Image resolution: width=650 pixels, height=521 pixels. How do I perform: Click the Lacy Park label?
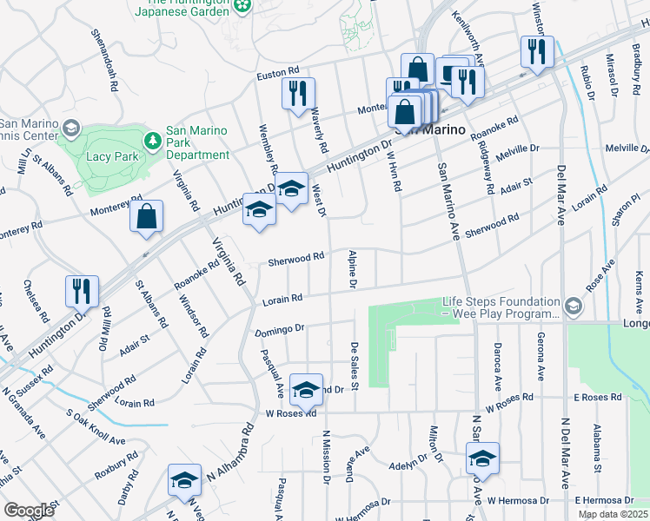[113, 157]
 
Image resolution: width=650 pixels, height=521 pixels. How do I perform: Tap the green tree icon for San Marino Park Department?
[153, 140]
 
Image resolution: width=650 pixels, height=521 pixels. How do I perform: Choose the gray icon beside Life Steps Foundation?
[573, 307]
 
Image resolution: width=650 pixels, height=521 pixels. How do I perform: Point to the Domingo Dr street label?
[279, 330]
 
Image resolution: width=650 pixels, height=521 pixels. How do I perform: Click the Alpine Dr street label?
[353, 269]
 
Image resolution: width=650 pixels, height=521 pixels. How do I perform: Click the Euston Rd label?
[277, 76]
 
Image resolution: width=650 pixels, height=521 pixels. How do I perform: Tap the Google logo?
[29, 511]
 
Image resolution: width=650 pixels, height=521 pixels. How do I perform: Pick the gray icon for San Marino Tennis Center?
[70, 129]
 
